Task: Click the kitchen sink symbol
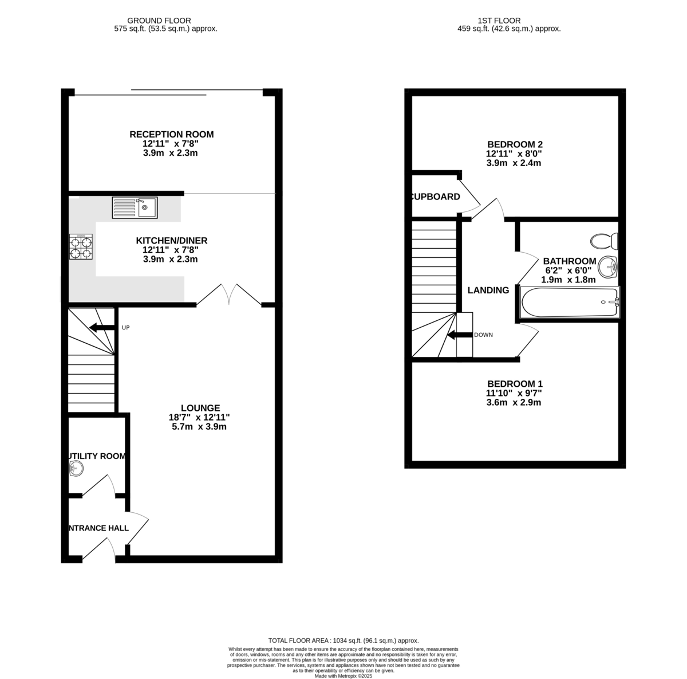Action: coord(135,207)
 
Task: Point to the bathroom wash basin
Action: coord(609,265)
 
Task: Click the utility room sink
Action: coord(76,469)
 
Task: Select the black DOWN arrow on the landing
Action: coord(459,335)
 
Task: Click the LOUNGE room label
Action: coord(198,408)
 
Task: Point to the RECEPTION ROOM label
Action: coord(171,134)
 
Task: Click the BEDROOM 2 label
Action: coord(514,144)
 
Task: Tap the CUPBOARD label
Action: coord(436,197)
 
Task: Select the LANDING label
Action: coord(488,290)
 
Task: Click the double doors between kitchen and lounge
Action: coord(229,295)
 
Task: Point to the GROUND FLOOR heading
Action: coord(159,21)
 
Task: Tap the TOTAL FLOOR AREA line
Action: coord(343,641)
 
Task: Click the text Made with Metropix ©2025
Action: coord(343,676)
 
